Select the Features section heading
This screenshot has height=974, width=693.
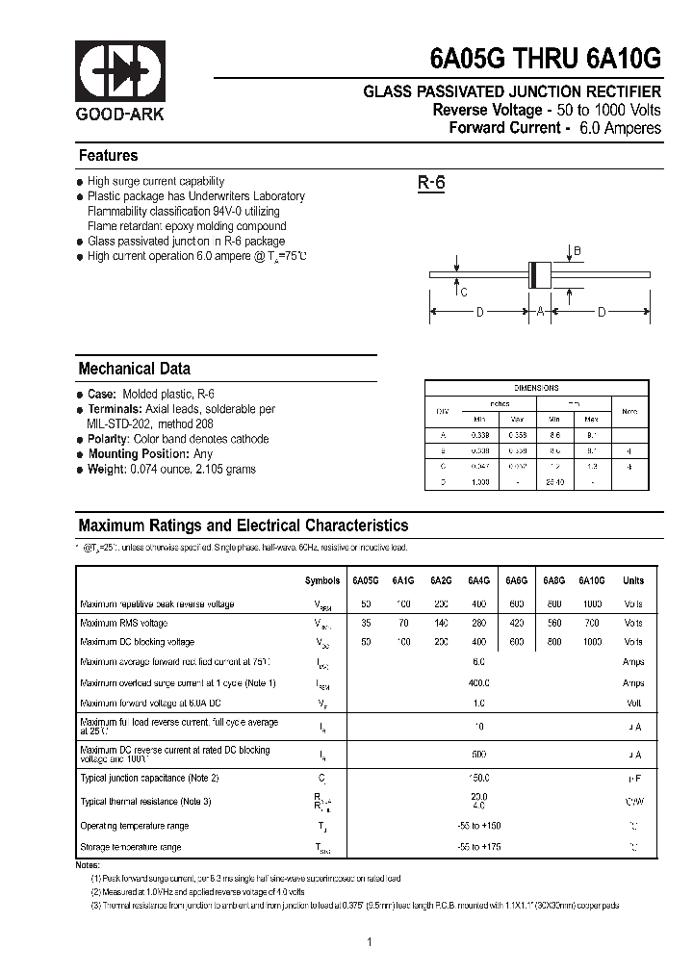coord(108,156)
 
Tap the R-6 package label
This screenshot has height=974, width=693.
coord(430,183)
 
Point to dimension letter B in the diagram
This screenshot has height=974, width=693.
coord(577,252)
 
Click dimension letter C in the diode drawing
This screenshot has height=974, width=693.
coord(464,293)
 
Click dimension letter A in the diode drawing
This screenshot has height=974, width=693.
coord(540,312)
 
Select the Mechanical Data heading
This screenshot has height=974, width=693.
coord(134,369)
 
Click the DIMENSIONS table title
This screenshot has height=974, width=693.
coord(536,388)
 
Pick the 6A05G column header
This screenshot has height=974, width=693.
coord(366,581)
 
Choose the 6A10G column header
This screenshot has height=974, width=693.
coord(591,581)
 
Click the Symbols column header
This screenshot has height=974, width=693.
coord(321,581)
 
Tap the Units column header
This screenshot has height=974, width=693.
coord(633,581)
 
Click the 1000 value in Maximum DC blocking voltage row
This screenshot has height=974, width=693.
coord(592,642)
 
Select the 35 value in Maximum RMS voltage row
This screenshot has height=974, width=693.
coord(366,624)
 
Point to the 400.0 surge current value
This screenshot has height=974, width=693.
coord(479,682)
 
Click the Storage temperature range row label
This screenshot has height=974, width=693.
coord(130,847)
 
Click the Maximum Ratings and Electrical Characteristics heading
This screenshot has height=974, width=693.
coord(243,525)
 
